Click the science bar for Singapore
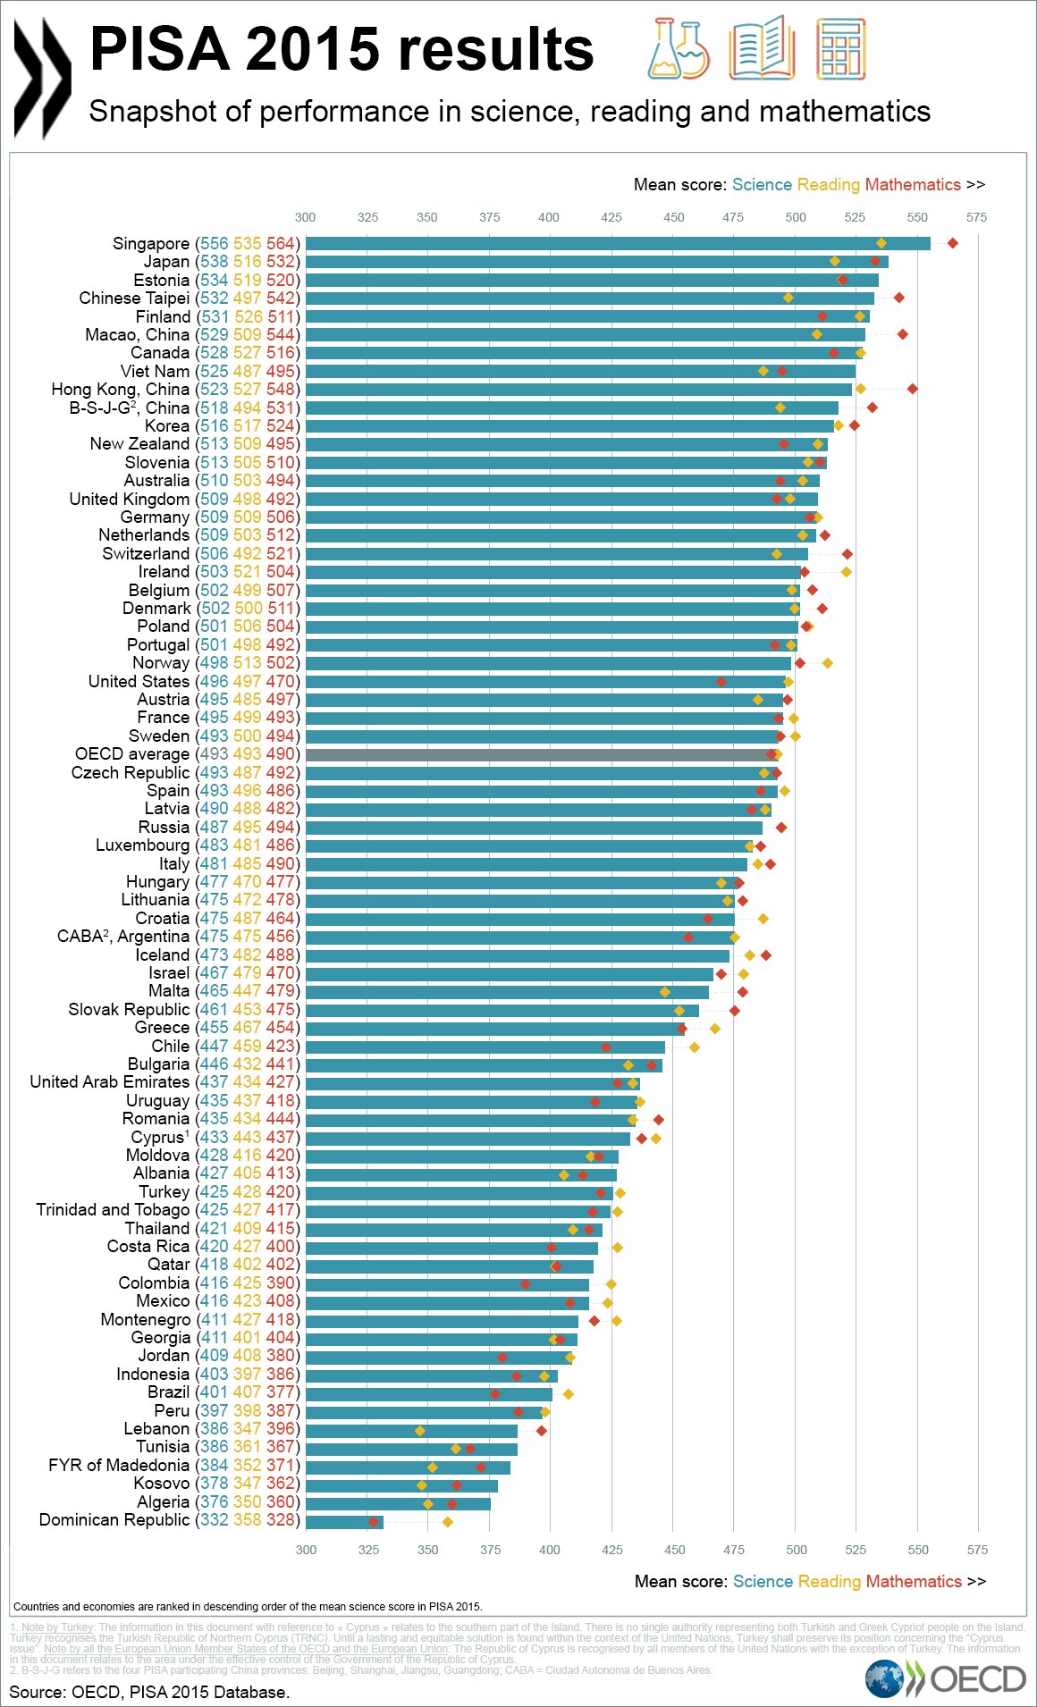(617, 244)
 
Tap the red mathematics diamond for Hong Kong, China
(912, 389)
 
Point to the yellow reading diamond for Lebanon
(420, 1431)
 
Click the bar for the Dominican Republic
(344, 1522)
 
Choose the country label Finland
(163, 316)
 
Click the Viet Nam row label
(155, 371)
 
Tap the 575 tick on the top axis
(976, 217)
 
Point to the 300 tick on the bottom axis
(306, 1549)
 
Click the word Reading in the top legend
(828, 185)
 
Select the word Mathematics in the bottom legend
(913, 1581)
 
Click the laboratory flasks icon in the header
(678, 48)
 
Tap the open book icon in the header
(762, 48)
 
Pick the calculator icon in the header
(841, 48)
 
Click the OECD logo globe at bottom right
(885, 1678)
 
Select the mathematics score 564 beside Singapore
(280, 244)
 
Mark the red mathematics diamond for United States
(721, 682)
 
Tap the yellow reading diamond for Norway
(828, 663)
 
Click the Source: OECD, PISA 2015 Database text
(149, 1692)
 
